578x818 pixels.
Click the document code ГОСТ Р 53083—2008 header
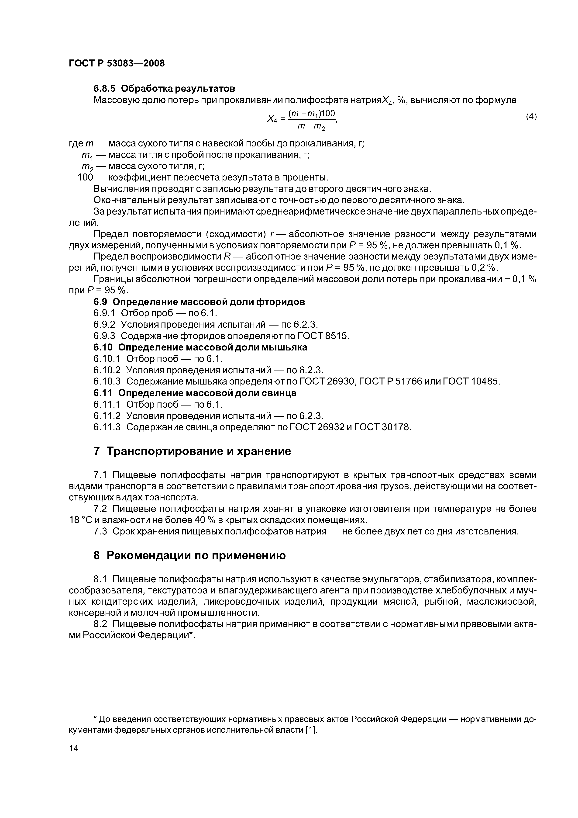coord(117,63)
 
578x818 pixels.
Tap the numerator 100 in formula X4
coord(329,114)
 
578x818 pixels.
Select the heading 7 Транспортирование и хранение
coord(192,451)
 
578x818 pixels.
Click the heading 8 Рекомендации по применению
coord(189,555)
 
